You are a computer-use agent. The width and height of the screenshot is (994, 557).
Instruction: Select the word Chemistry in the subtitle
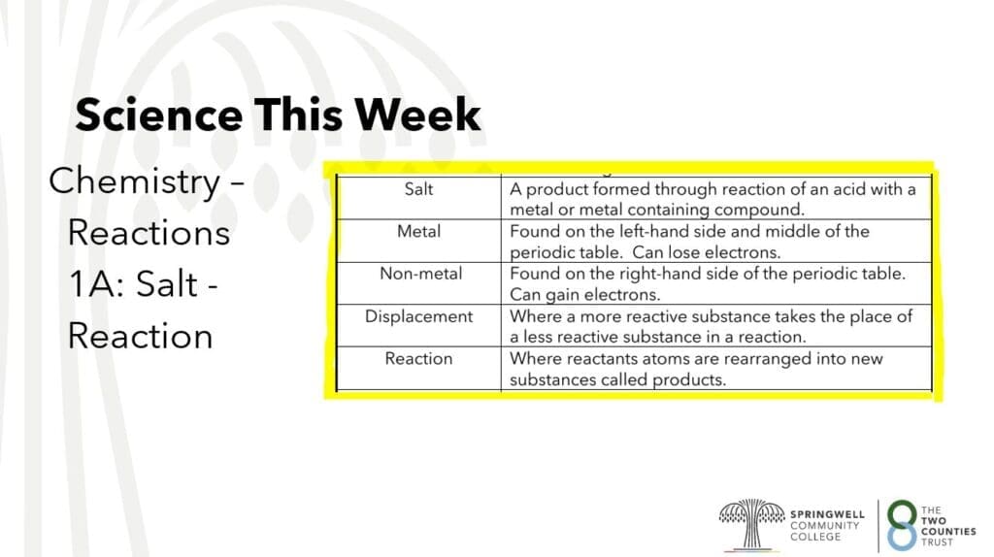point(134,182)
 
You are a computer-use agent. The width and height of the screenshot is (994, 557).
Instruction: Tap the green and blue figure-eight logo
point(902,525)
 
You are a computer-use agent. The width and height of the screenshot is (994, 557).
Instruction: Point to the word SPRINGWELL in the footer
point(827,514)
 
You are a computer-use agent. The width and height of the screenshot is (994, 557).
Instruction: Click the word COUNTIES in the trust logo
point(948,532)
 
